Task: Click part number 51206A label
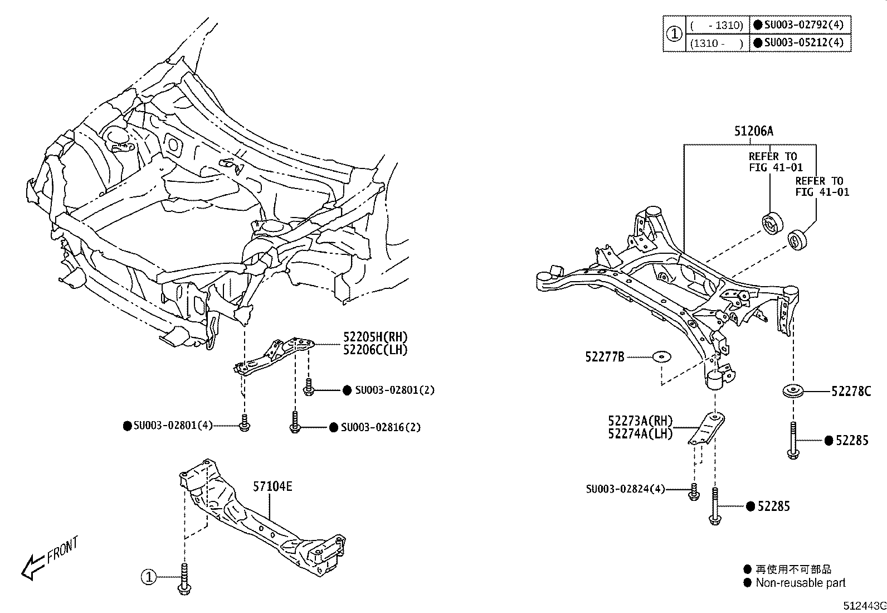(x=753, y=131)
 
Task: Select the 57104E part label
(x=272, y=486)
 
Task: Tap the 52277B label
(x=605, y=356)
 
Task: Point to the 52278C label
(x=851, y=392)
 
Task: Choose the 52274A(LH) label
(x=640, y=433)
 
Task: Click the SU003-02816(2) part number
(x=381, y=427)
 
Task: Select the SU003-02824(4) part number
(x=625, y=489)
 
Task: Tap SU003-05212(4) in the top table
(x=804, y=42)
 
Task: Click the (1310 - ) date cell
(x=716, y=43)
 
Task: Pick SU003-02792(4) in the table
(x=804, y=25)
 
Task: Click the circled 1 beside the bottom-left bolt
(x=148, y=577)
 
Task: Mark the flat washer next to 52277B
(x=662, y=356)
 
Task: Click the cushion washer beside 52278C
(x=792, y=392)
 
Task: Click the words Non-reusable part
(x=800, y=583)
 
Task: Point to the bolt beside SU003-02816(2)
(x=295, y=422)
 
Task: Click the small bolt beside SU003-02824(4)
(x=694, y=491)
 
